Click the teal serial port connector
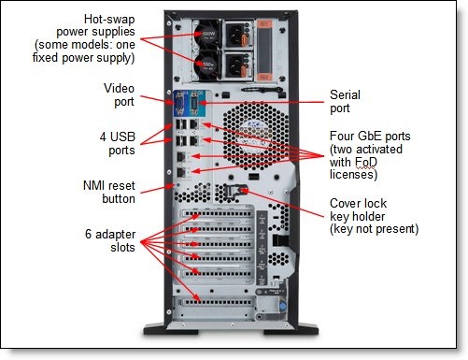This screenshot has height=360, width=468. pos(194,103)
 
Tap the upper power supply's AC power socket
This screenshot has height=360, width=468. pos(234,34)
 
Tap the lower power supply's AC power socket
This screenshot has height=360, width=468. pos(234,65)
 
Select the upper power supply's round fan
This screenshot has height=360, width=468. pos(207,34)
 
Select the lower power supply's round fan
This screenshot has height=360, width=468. pos(207,65)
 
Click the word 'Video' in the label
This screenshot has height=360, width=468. pos(119,88)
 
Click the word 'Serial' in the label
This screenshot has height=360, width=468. pos(345,94)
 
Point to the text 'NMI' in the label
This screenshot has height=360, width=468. pos(93,186)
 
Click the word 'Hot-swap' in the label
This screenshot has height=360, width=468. pos(109,20)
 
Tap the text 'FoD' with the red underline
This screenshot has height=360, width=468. pos(365,163)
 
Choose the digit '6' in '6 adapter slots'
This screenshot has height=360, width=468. pos(88,234)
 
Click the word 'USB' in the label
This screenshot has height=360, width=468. pos(122,137)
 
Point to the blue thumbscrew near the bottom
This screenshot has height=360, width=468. pos(282,307)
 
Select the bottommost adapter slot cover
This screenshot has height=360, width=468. pos(217,302)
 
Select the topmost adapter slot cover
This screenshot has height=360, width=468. pos(217,214)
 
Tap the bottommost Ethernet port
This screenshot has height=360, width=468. pos(181,172)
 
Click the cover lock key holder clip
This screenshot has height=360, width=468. pos(235,191)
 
